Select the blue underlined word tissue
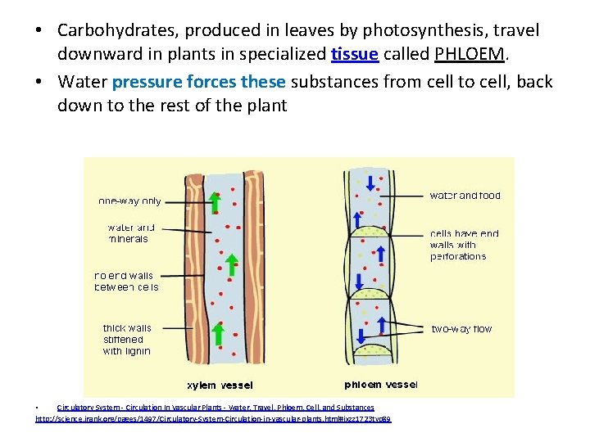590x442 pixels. (354, 55)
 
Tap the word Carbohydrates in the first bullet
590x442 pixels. (118, 30)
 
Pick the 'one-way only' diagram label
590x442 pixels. (129, 201)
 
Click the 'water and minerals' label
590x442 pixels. (130, 233)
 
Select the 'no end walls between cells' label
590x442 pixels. (126, 282)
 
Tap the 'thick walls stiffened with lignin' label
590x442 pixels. (126, 339)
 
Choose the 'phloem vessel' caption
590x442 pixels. (380, 384)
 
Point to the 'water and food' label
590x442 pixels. (465, 196)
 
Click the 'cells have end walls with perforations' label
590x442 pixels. (464, 245)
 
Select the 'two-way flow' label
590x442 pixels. (462, 329)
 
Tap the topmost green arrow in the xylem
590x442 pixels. (214, 201)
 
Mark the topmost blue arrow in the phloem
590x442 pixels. (370, 182)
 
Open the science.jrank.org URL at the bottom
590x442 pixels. (213, 419)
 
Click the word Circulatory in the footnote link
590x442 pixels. (76, 408)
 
